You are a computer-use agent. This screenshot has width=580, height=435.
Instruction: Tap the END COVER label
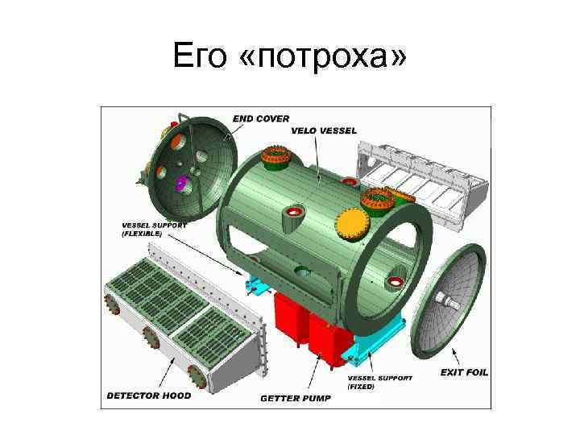pyautogui.click(x=261, y=118)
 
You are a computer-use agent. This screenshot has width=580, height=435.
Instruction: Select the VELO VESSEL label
pyautogui.click(x=324, y=130)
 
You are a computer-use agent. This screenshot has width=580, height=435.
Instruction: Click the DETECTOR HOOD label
pyautogui.click(x=149, y=396)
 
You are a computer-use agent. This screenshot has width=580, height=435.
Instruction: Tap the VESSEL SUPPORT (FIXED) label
pyautogui.click(x=380, y=382)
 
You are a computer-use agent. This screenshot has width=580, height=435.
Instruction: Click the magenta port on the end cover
pyautogui.click(x=181, y=183)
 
